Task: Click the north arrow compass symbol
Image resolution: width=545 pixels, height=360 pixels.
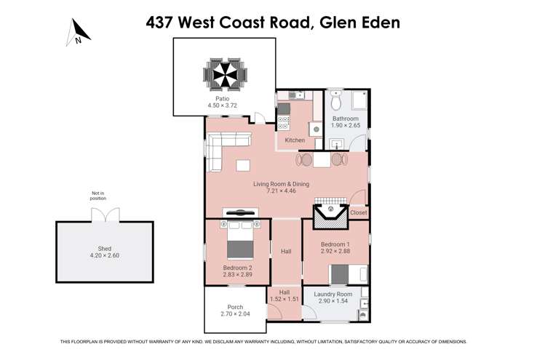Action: [79, 31]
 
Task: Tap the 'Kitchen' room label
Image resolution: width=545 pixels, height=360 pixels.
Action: [295, 140]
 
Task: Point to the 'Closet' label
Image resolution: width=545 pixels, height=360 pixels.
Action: [358, 212]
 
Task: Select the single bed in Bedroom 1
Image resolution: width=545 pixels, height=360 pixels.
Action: [340, 274]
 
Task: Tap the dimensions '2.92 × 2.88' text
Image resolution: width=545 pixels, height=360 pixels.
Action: [336, 252]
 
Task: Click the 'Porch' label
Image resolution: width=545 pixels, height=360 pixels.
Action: [235, 307]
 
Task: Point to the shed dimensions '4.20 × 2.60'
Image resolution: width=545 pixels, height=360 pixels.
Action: [105, 256]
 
